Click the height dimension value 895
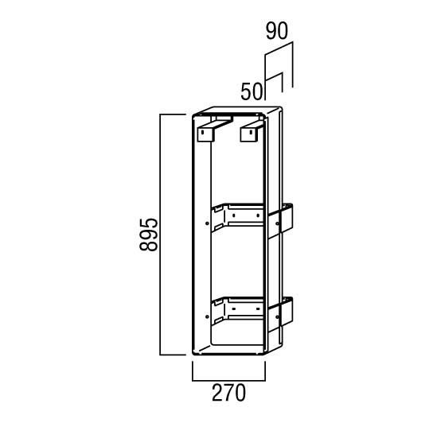(149, 235)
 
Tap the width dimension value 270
(228, 392)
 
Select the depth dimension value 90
(277, 31)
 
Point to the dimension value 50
(251, 91)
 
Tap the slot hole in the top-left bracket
(202, 133)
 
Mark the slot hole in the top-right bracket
(251, 133)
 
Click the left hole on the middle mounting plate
(234, 215)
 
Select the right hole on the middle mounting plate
(258, 215)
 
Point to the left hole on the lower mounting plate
(234, 309)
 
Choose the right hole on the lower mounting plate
(258, 309)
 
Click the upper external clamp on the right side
(280, 221)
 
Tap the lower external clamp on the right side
(280, 315)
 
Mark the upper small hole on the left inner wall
(207, 223)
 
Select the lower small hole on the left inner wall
(207, 316)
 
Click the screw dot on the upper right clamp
(277, 223)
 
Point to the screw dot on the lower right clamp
(277, 316)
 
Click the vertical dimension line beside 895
(161, 235)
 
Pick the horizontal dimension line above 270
(228, 381)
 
